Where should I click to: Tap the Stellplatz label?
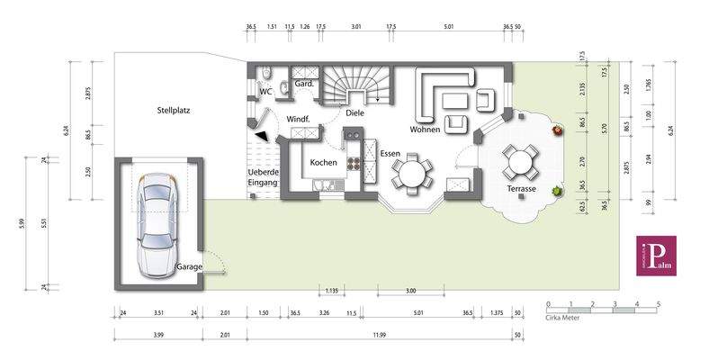point(173,111)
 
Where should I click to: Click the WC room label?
point(265,92)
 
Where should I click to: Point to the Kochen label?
point(323,163)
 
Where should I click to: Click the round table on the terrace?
point(520,162)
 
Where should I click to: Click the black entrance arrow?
point(260,134)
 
